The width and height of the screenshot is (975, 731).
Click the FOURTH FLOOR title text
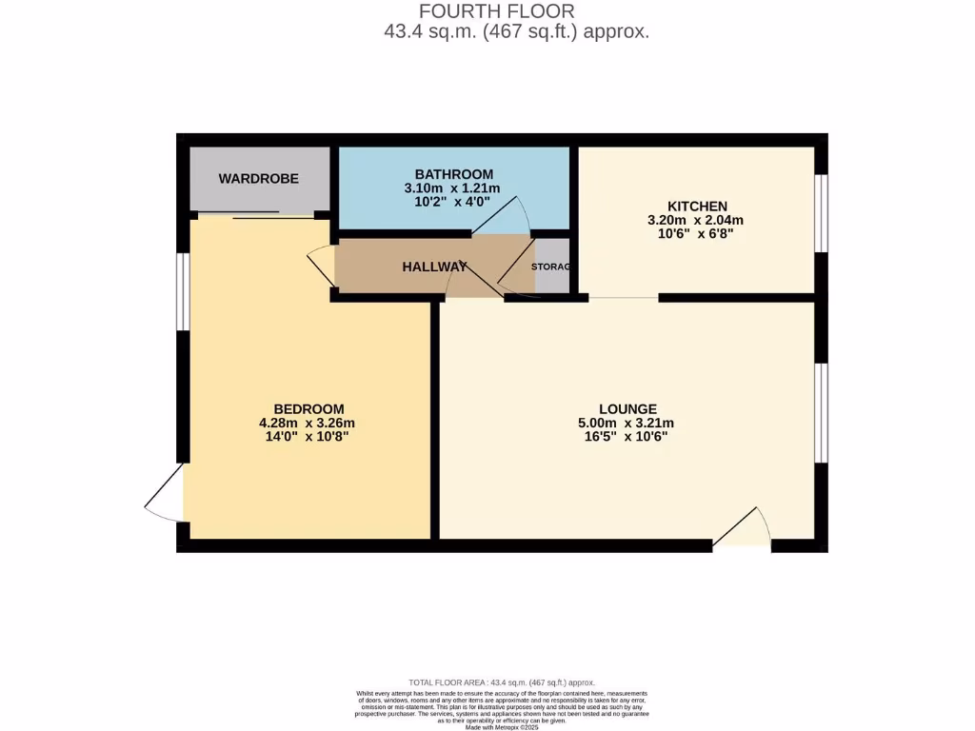click(497, 11)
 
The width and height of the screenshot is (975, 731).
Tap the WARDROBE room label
click(259, 178)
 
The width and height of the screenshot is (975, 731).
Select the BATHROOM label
click(454, 174)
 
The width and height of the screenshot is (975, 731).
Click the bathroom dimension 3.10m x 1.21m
click(454, 188)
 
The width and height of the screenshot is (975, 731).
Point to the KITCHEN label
click(697, 207)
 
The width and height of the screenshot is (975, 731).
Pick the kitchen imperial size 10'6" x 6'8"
click(697, 235)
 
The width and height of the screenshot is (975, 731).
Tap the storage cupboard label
click(550, 267)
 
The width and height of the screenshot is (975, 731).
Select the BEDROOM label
click(308, 409)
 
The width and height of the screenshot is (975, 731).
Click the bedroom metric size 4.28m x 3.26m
click(308, 424)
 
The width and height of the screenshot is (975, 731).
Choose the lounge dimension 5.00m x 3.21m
click(627, 424)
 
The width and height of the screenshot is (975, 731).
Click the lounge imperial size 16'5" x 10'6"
click(627, 438)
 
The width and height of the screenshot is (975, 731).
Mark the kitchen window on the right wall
click(822, 212)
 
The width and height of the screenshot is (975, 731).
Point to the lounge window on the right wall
click(822, 411)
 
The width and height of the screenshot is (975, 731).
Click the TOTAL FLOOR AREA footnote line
click(501, 682)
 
